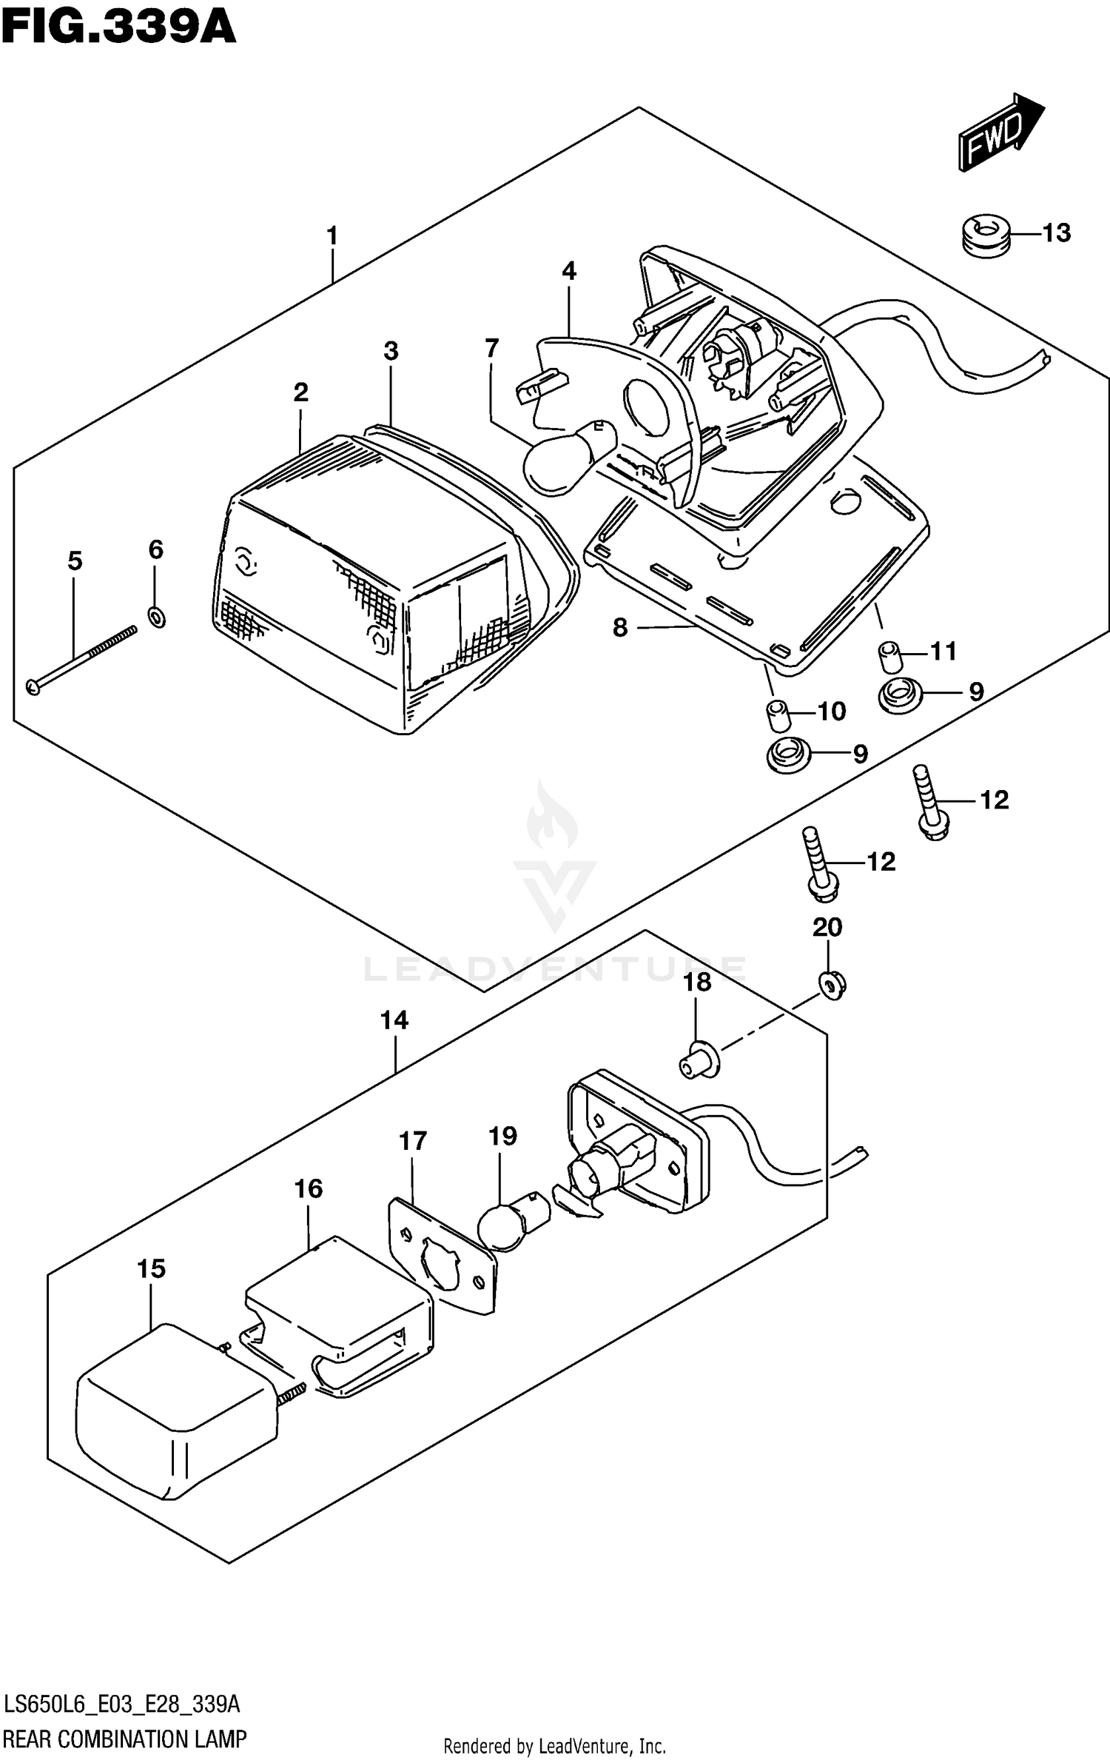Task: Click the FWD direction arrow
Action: pyautogui.click(x=1000, y=133)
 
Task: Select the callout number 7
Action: pyautogui.click(x=491, y=347)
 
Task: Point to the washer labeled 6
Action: pyautogui.click(x=156, y=616)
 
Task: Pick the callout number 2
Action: pyautogui.click(x=300, y=392)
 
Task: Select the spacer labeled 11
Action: pyautogui.click(x=889, y=656)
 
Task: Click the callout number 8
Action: pyautogui.click(x=620, y=628)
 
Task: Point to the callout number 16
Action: pyautogui.click(x=309, y=1188)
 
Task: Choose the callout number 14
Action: pyautogui.click(x=394, y=1020)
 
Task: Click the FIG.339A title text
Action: pyautogui.click(x=118, y=28)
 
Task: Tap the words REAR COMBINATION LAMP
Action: pyautogui.click(x=125, y=1739)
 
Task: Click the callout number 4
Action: pyautogui.click(x=568, y=271)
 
